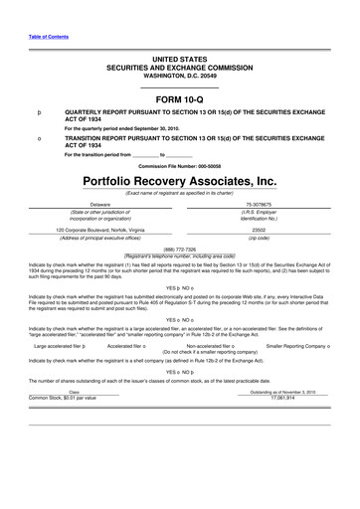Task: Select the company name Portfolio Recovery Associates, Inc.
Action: tap(179, 181)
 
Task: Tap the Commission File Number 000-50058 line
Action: tap(179, 165)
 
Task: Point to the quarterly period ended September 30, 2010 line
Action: tap(129, 128)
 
